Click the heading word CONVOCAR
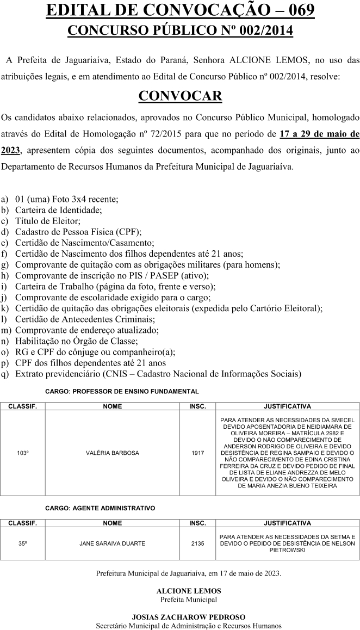tap(180, 96)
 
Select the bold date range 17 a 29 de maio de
tap(319, 133)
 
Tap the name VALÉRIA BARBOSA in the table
tap(113, 453)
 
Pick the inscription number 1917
tap(197, 453)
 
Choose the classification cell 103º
tap(23, 453)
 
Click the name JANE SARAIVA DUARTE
tap(113, 543)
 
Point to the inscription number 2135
tap(197, 543)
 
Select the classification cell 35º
tap(23, 543)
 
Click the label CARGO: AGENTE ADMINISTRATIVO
tap(100, 508)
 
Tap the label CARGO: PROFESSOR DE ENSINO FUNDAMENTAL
tap(122, 391)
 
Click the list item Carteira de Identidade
tap(58, 209)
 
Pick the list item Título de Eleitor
tap(48, 220)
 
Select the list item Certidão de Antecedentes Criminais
tap(85, 319)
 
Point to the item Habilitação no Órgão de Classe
tap(76, 341)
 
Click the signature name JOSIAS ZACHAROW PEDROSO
tap(189, 617)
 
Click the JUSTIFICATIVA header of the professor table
tap(287, 406)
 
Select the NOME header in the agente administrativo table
tap(113, 523)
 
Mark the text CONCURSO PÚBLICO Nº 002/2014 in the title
tap(180, 30)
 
